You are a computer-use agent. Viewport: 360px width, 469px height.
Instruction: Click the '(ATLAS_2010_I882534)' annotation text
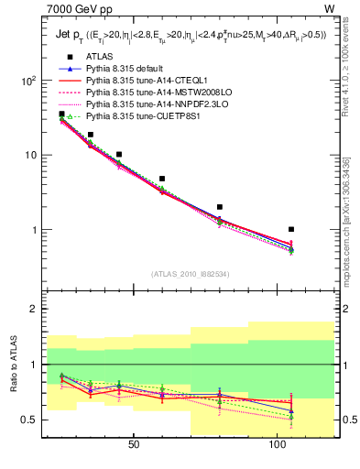pos(190,273)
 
